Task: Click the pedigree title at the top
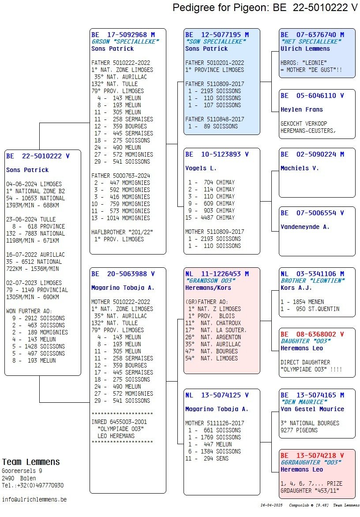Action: point(265,7)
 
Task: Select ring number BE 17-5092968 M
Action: point(123,34)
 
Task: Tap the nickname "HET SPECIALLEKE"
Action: point(311,41)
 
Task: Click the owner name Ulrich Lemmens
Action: point(305,49)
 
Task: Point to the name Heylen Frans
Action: point(302,109)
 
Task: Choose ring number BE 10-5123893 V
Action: point(217,154)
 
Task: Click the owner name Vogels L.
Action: point(201,168)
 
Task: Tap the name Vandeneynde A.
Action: point(305,227)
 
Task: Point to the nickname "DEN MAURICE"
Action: point(304,402)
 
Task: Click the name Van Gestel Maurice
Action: point(312,409)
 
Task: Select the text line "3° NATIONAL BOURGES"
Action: point(310,423)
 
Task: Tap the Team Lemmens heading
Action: point(31,462)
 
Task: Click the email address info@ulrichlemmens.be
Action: point(34,499)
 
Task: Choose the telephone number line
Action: point(33,485)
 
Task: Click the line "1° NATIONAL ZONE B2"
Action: point(36,191)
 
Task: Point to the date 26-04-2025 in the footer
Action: point(272,505)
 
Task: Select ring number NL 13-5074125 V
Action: point(217,395)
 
